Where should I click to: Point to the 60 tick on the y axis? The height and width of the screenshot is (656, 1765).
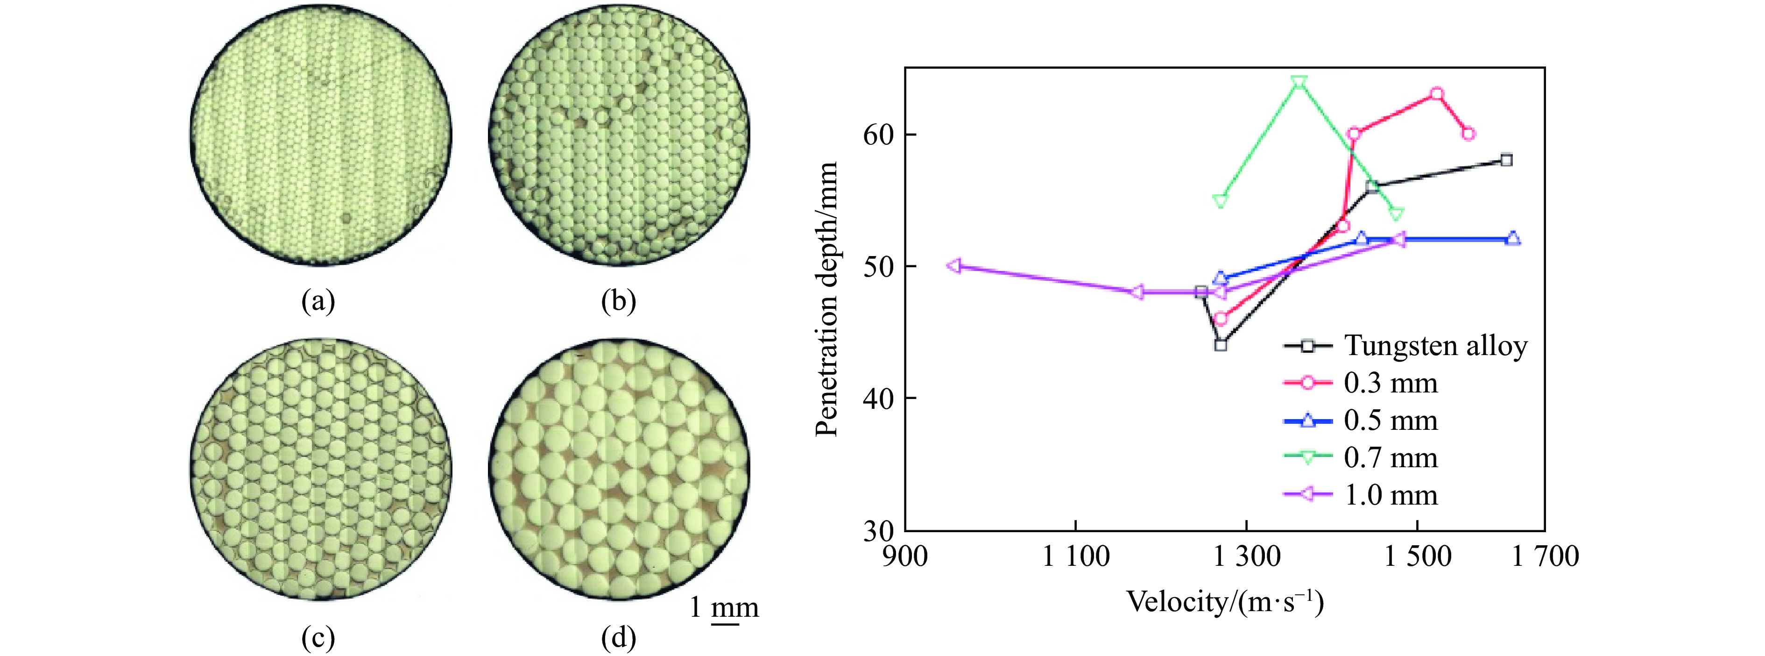[879, 135]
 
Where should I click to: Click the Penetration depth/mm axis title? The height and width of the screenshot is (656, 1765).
[827, 299]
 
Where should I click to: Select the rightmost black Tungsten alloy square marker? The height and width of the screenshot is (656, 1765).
[1506, 160]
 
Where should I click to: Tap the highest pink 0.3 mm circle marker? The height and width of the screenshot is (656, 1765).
[1437, 94]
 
